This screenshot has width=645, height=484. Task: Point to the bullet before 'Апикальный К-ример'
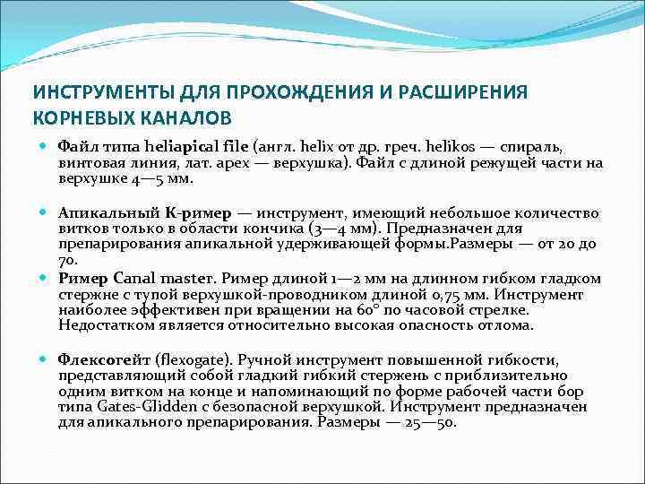44,213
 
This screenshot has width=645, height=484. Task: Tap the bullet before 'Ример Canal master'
44,279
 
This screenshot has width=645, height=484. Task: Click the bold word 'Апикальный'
99,213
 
